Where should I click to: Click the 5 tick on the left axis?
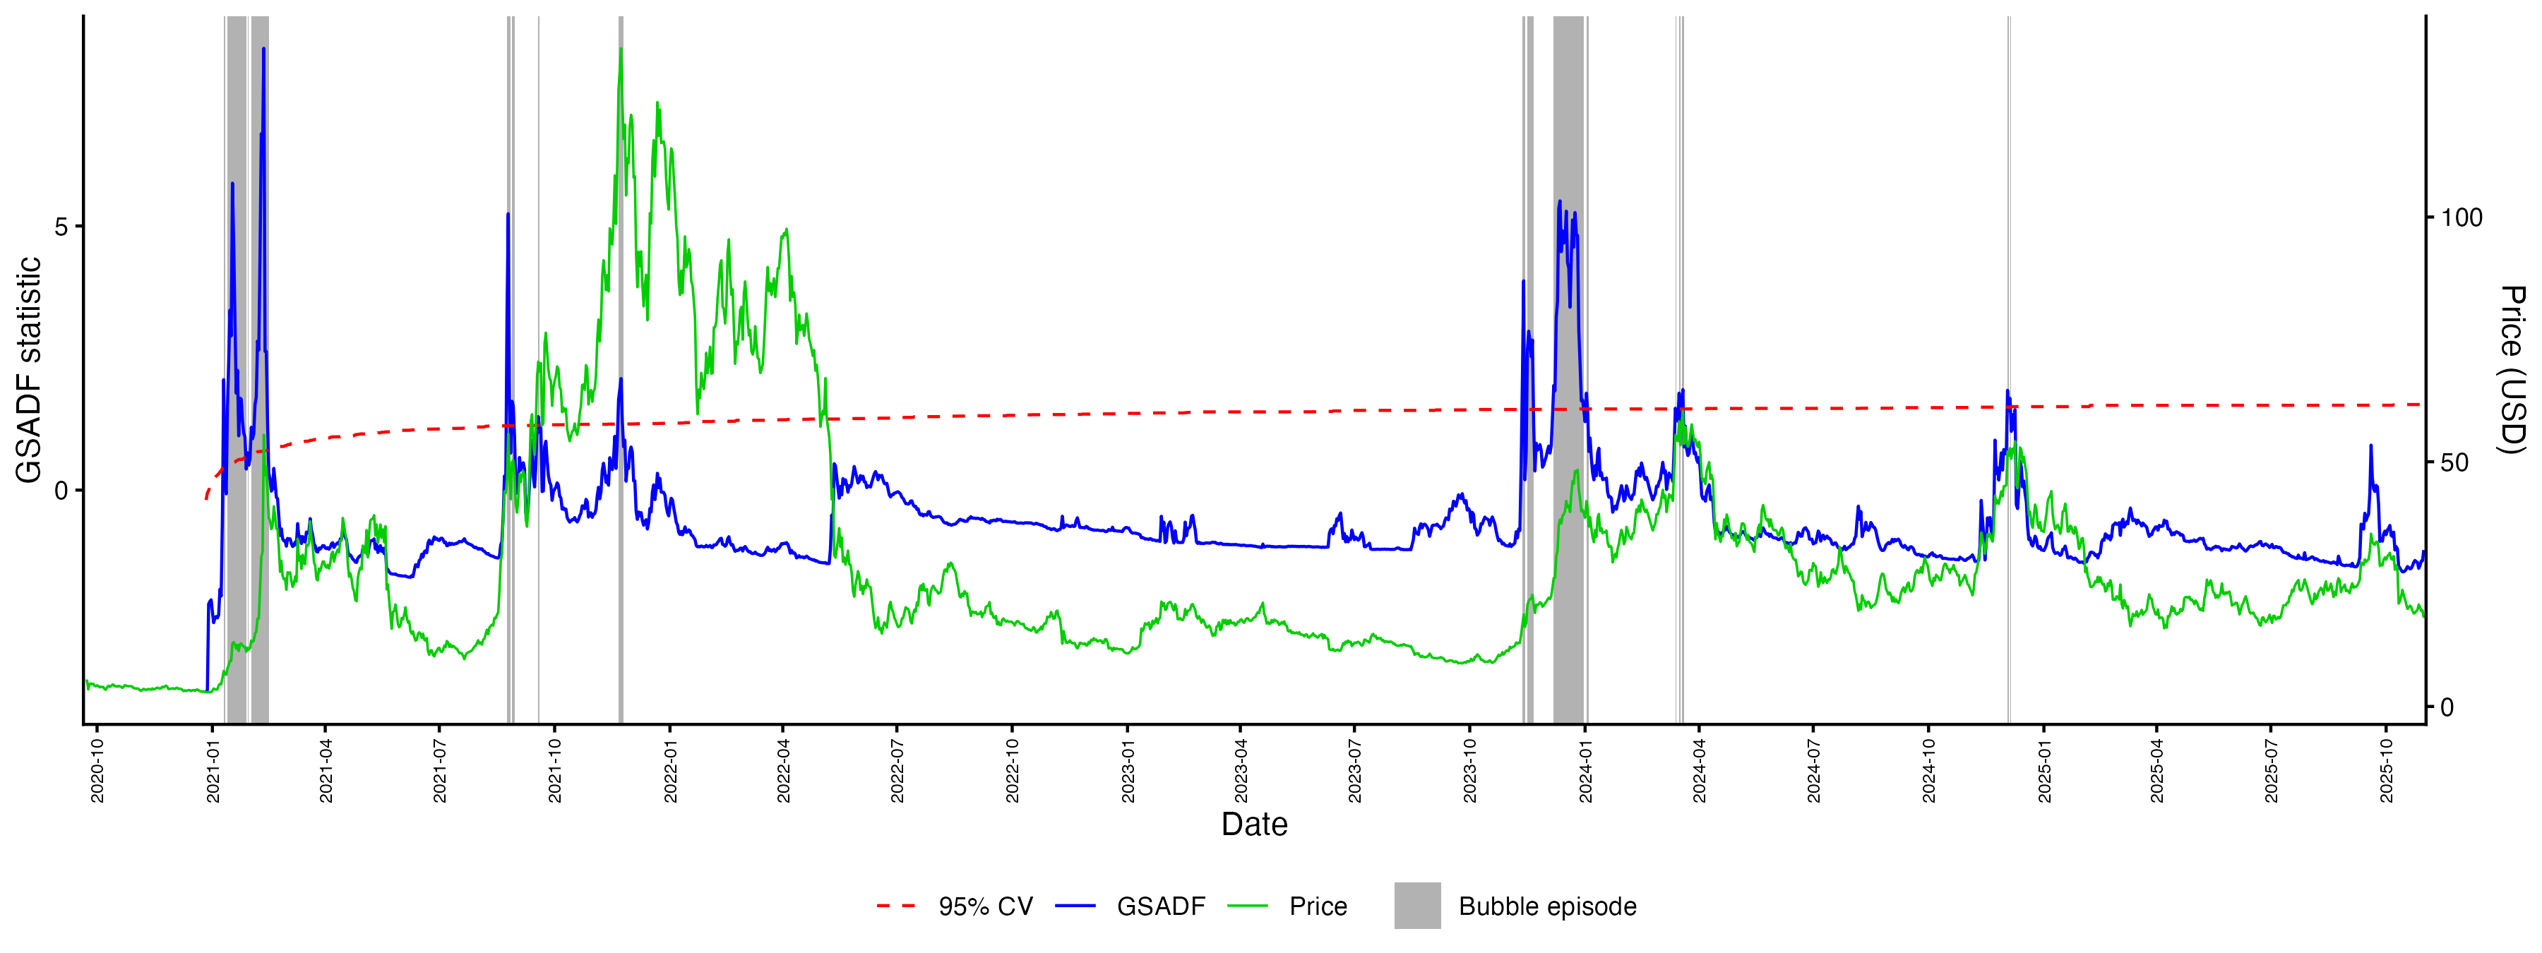pyautogui.click(x=62, y=227)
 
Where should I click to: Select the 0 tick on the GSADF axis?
pyautogui.click(x=62, y=491)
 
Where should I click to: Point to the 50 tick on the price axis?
pyautogui.click(x=2454, y=462)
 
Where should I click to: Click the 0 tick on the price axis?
pyautogui.click(x=2447, y=707)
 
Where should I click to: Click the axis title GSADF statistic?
pyautogui.click(x=30, y=370)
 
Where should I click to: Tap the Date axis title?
pyautogui.click(x=1254, y=824)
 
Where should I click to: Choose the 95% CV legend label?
pyautogui.click(x=985, y=906)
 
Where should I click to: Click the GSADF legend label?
pyautogui.click(x=1160, y=906)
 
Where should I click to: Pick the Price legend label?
pyautogui.click(x=1318, y=906)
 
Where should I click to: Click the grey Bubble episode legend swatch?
pyautogui.click(x=1417, y=906)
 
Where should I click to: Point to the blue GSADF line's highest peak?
pyautogui.click(x=263, y=47)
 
